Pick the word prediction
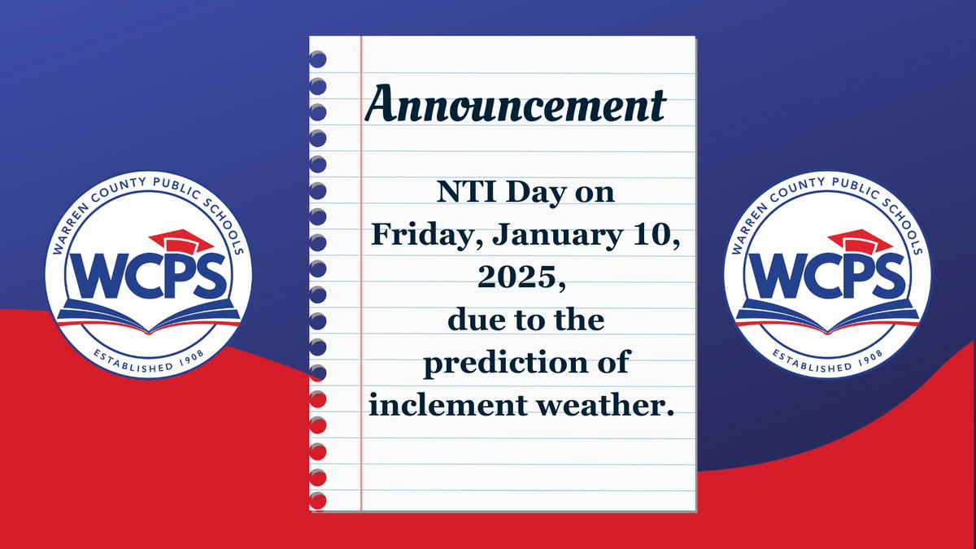click(x=499, y=362)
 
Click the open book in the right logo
click(x=826, y=318)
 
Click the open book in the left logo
click(x=148, y=318)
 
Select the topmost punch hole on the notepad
click(x=318, y=59)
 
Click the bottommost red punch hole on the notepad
click(x=318, y=499)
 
